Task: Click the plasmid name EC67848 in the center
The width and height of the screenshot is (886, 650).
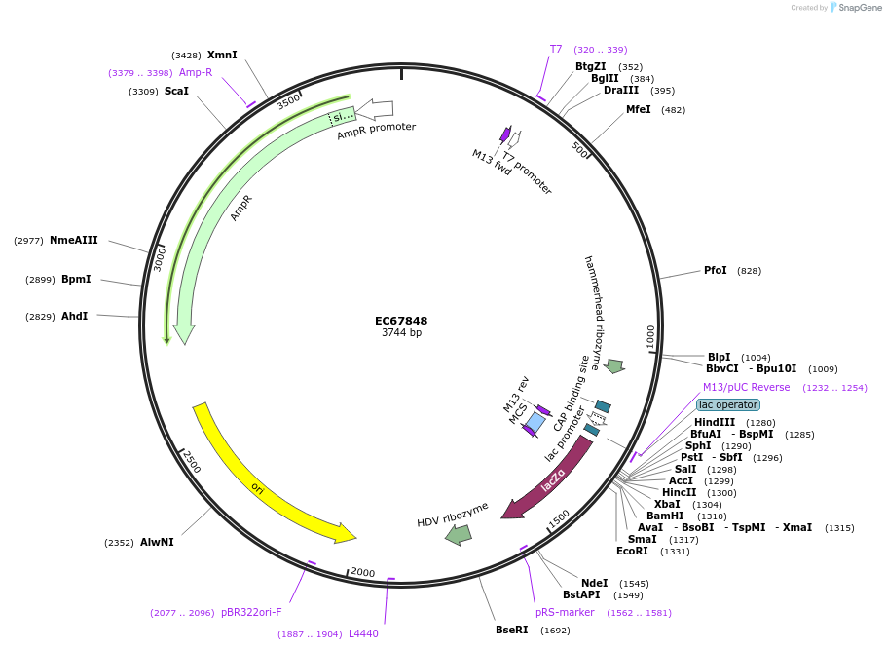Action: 401,321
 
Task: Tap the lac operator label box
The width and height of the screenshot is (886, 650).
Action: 728,404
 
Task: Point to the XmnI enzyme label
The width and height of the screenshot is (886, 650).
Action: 222,56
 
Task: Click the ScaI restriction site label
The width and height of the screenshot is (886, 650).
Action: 176,92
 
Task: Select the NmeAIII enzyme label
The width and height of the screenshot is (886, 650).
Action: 74,241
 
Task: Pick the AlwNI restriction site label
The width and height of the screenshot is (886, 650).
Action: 157,542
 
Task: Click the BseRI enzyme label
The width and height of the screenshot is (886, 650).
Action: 512,630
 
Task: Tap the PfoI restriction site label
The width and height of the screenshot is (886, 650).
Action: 716,271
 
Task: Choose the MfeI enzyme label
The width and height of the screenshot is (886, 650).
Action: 639,109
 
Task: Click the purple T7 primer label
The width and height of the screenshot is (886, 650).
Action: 556,49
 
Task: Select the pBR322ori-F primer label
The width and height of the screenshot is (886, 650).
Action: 251,612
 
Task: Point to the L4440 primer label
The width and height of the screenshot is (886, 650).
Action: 363,633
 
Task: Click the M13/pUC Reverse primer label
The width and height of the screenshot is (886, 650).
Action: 747,387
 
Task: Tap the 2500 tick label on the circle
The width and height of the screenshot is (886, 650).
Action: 191,461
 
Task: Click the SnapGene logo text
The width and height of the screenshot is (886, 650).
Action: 860,8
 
